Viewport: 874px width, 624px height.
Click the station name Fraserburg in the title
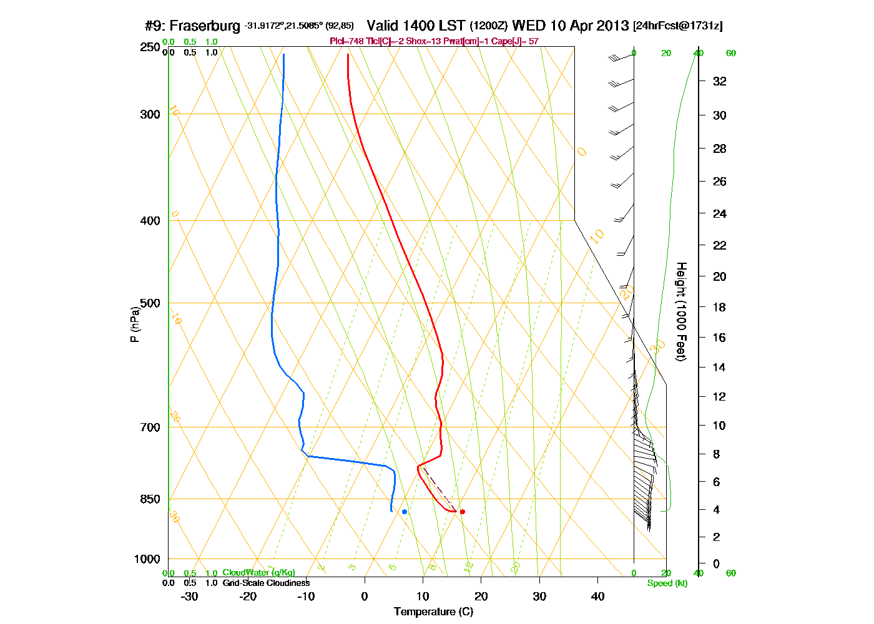205,26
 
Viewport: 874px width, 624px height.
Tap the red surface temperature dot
462,512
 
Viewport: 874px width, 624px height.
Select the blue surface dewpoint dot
405,512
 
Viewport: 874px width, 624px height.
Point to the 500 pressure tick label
150,303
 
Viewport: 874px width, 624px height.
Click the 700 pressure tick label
150,427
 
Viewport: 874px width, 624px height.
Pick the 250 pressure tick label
150,47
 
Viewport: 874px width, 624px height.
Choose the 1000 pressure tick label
147,559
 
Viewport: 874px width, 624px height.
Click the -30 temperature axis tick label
189,597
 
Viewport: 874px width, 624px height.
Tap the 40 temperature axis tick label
597,597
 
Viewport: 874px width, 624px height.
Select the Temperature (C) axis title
433,612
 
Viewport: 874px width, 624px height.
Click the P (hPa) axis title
134,324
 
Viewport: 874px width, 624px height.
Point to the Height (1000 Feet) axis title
681,311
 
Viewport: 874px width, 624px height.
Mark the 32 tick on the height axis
720,81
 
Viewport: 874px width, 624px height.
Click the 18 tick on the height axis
720,307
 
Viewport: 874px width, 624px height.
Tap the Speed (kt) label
667,583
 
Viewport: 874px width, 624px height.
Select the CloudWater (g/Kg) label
258,573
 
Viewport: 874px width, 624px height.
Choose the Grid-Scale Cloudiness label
266,583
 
